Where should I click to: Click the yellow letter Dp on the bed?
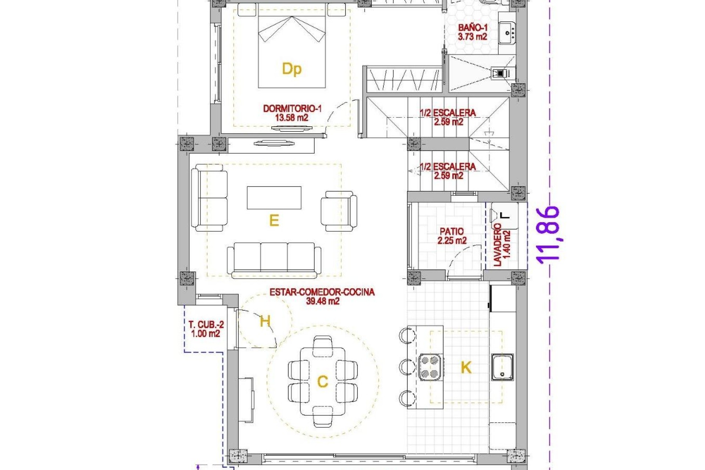click(292, 69)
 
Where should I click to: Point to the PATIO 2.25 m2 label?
click(452, 236)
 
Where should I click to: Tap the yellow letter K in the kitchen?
click(466, 367)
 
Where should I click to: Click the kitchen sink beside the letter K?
click(502, 367)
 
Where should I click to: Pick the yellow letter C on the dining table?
click(322, 382)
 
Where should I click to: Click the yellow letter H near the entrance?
click(265, 321)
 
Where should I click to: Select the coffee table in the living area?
click(274, 198)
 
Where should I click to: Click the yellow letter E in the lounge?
click(274, 220)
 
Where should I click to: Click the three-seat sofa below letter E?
click(274, 258)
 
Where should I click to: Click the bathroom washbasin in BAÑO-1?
click(507, 33)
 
